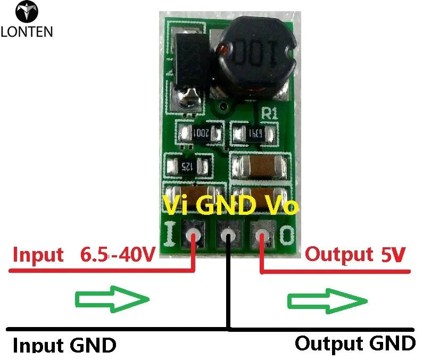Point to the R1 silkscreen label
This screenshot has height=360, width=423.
pos(269,112)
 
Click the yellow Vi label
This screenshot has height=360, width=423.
pos(177,205)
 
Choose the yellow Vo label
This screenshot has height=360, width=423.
pos(279,205)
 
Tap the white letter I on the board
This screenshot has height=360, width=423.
pos(171,233)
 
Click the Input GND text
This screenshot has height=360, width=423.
pos(64,345)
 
